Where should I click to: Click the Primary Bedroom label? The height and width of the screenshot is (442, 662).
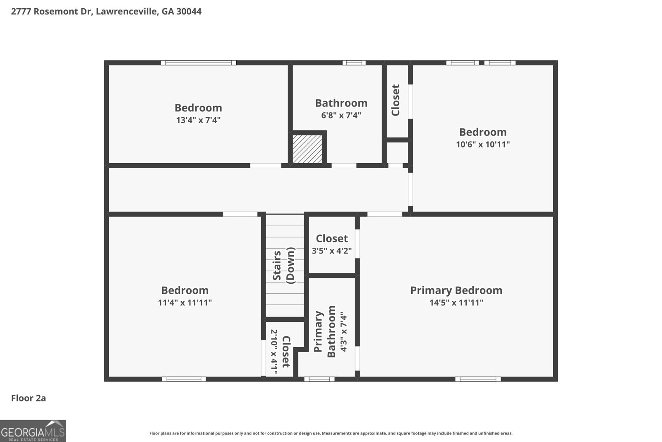[456, 290]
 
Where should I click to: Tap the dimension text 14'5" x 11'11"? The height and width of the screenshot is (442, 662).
[456, 303]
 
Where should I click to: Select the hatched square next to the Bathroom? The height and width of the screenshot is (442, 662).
[307, 149]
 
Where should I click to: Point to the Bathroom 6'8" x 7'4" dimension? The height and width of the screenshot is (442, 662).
[341, 115]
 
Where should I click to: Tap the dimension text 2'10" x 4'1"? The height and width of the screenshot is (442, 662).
[274, 351]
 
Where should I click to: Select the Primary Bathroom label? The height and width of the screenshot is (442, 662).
[324, 332]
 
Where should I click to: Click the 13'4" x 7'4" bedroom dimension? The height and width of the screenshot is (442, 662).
[198, 120]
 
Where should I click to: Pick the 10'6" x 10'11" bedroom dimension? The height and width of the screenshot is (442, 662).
[482, 145]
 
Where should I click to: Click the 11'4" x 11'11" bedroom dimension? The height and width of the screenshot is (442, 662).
[185, 303]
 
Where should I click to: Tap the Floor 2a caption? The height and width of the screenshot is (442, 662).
[29, 398]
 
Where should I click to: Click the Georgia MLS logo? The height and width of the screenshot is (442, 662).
[33, 431]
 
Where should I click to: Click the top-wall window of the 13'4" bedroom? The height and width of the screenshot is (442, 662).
[199, 63]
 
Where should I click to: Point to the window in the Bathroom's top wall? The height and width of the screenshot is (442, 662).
[354, 63]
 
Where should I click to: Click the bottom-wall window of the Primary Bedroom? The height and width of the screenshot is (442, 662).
[478, 379]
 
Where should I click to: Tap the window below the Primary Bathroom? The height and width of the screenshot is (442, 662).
[319, 379]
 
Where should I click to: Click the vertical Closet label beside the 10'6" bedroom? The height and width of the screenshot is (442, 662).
[396, 100]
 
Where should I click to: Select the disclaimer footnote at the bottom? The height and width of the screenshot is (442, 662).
[331, 433]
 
